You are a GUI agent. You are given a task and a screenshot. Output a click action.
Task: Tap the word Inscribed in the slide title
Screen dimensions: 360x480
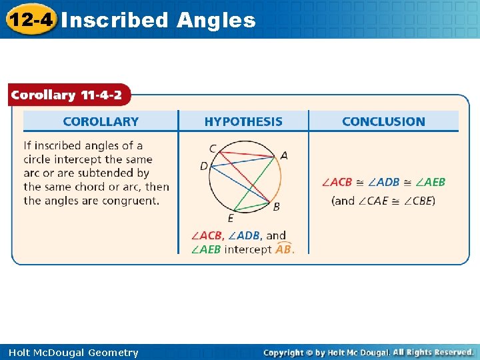114,20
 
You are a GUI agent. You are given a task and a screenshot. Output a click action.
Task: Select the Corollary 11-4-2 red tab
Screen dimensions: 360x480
66,95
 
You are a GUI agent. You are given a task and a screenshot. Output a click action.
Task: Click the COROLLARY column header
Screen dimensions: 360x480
101,121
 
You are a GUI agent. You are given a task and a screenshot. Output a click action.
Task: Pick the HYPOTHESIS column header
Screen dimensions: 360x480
243,121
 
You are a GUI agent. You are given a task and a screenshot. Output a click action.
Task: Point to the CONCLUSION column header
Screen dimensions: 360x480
383,121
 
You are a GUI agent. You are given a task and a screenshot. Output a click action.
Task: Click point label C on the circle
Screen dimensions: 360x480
213,148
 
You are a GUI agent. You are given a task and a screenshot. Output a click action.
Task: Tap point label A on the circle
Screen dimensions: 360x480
285,155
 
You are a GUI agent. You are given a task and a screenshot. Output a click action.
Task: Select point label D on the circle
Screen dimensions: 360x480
204,165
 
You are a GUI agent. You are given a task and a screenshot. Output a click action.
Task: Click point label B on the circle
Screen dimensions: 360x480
277,207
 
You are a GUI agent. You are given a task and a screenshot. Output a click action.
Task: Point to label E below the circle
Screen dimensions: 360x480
231,218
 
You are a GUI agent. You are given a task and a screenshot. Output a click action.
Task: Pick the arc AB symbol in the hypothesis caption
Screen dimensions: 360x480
283,249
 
